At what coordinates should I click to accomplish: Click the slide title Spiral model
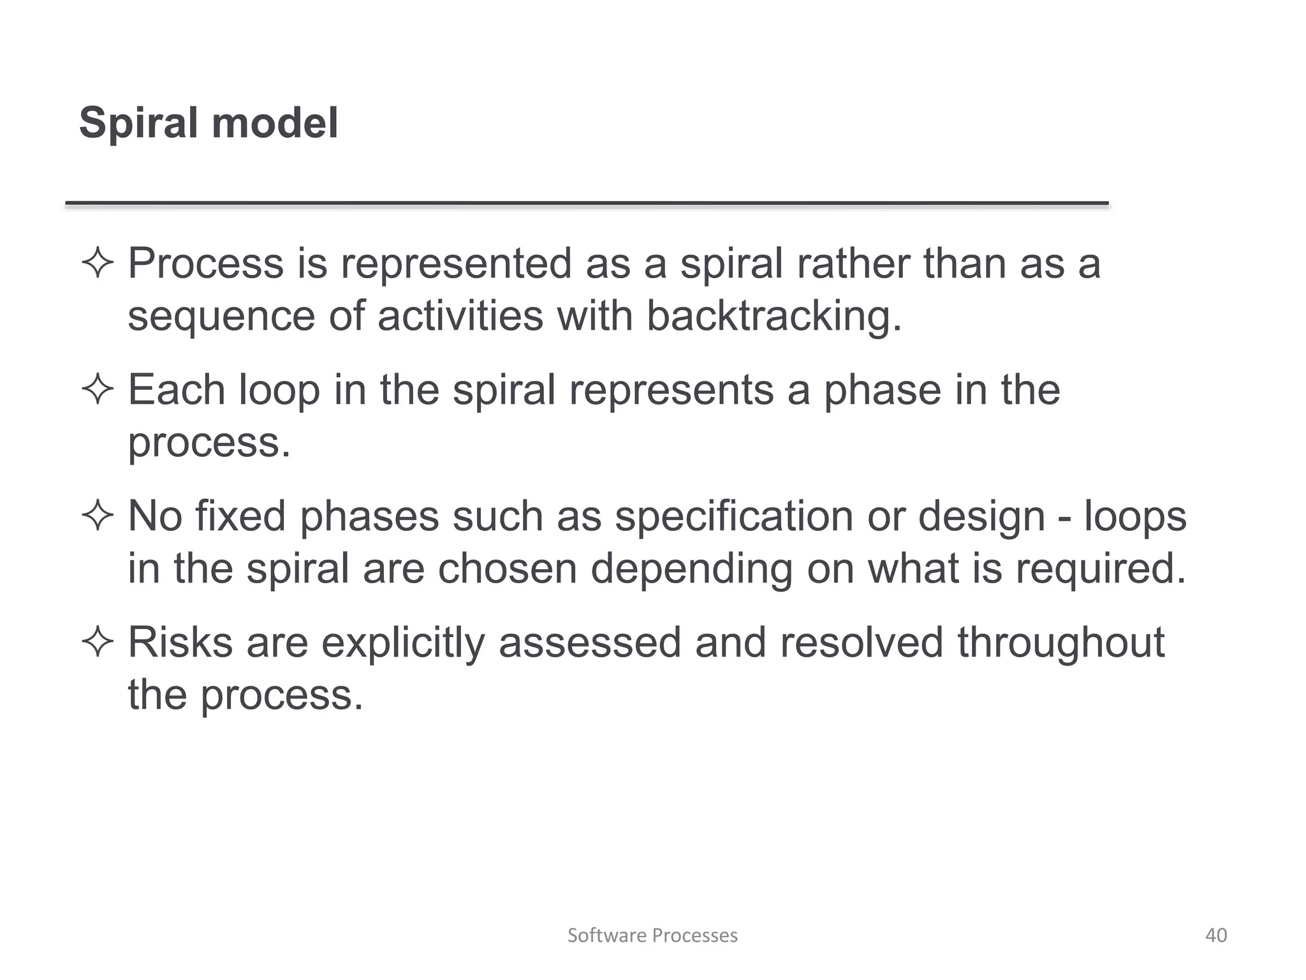click(209, 122)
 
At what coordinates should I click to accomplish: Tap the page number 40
click(1216, 935)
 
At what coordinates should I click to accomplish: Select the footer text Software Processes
click(652, 935)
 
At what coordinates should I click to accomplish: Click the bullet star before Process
click(98, 264)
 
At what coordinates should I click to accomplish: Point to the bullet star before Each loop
click(98, 390)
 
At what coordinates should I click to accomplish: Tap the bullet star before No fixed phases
click(98, 516)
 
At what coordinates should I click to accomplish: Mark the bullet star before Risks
click(98, 642)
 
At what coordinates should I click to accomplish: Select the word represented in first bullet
click(456, 264)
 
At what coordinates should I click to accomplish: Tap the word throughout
click(1061, 642)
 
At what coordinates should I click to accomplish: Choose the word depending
click(691, 568)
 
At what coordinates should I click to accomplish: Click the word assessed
click(590, 642)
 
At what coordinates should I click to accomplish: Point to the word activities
click(460, 316)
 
